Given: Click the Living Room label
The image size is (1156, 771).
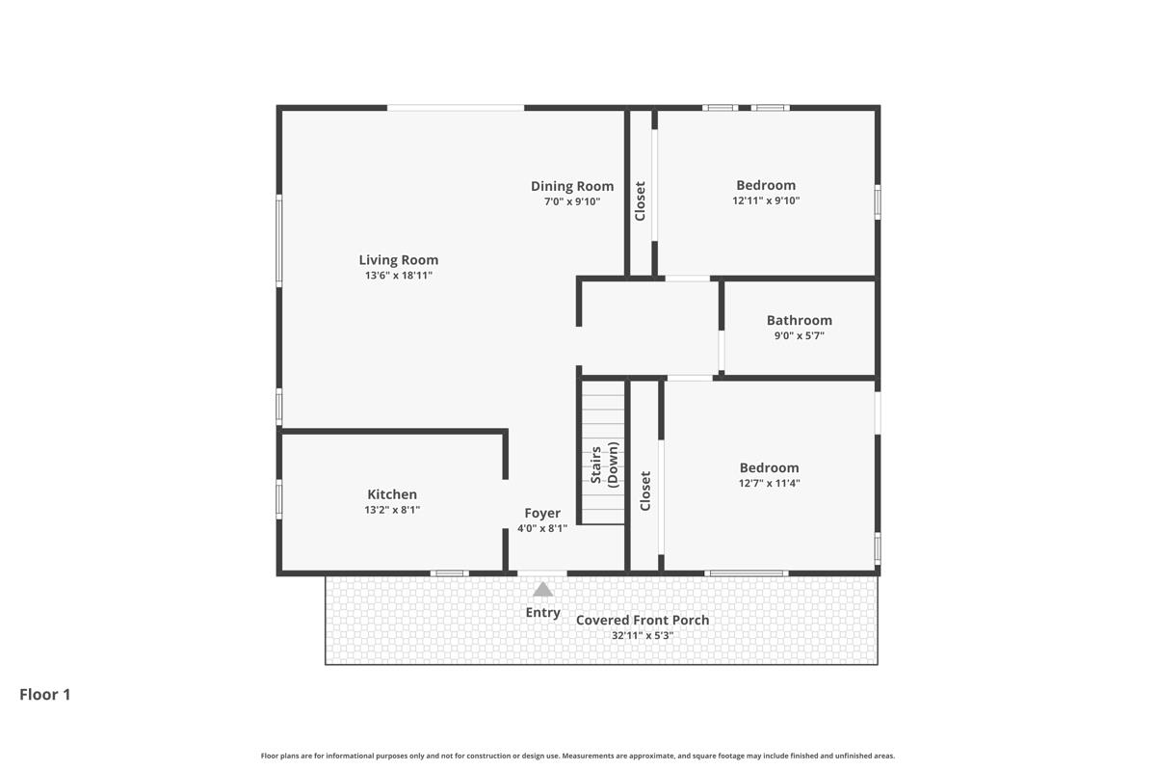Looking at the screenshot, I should click(398, 259).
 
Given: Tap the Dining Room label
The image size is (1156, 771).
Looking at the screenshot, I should click(572, 186).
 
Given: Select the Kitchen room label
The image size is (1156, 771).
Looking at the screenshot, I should click(392, 494).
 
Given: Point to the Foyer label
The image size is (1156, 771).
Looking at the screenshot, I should click(542, 513).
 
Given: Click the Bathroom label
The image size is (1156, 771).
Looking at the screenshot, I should click(799, 320).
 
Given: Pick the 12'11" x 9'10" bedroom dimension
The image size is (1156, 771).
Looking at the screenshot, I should click(766, 201).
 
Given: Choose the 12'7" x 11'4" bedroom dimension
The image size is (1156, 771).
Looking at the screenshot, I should click(769, 484).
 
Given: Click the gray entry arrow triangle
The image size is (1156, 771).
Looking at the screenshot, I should click(543, 589).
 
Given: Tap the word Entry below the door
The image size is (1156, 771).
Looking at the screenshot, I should click(543, 612).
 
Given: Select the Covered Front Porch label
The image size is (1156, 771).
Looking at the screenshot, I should click(643, 620).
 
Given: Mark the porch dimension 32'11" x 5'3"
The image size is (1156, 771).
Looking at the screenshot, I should click(643, 635).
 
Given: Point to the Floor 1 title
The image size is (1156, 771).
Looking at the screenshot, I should click(45, 694).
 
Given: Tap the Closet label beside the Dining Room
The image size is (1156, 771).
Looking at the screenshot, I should click(640, 201).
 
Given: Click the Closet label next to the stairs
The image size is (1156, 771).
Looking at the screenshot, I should click(645, 491).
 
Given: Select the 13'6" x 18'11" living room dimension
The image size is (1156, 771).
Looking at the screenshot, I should click(398, 276).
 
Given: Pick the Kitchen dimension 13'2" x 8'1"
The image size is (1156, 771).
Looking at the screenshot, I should click(392, 510).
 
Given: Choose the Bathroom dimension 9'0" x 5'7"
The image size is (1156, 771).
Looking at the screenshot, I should click(799, 336).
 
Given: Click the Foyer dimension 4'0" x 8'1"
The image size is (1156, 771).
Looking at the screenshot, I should click(542, 528).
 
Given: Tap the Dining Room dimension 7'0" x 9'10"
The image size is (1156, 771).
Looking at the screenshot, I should click(572, 201).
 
